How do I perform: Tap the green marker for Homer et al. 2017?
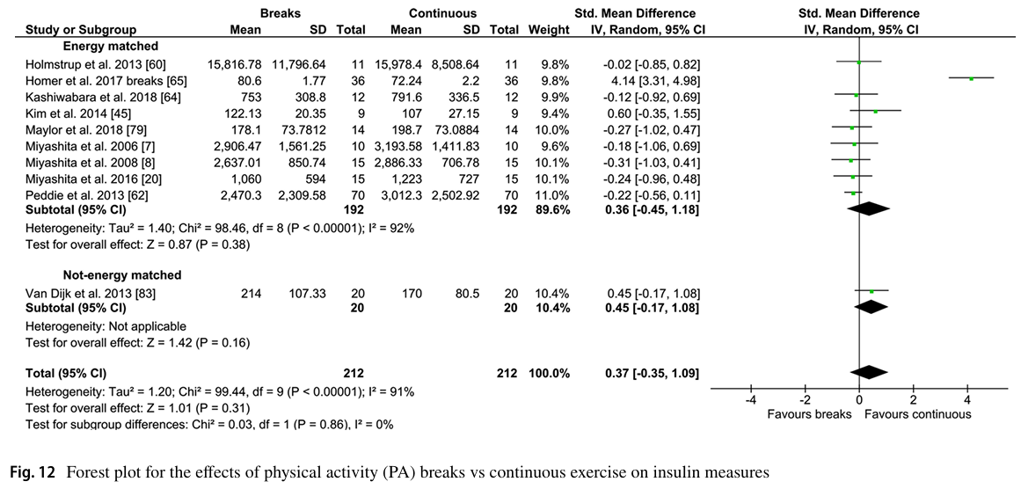971,79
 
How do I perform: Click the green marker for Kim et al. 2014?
875,111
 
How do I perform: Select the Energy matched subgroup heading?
110,46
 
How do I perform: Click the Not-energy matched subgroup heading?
122,275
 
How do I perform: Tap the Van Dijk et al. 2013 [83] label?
90,292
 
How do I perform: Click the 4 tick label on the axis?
967,399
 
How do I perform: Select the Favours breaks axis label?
809,413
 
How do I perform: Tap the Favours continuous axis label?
918,413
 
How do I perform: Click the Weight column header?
549,29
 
